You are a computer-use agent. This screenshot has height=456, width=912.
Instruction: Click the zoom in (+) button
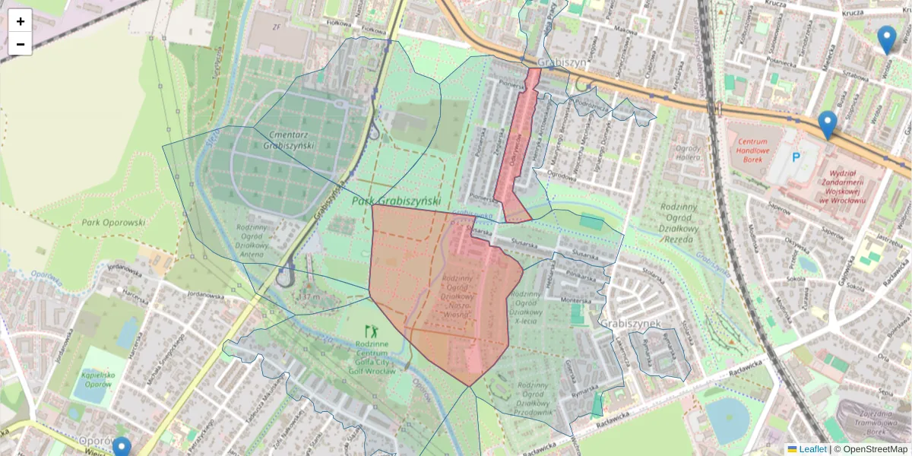click(21, 21)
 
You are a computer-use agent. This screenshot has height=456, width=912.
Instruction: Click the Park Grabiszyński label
click(396, 201)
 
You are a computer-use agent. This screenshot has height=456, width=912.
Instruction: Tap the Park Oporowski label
click(112, 223)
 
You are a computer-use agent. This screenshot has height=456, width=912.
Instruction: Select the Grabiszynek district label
click(630, 323)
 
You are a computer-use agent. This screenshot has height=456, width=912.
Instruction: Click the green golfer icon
click(372, 331)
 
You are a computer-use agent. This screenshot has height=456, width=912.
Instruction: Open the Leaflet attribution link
click(812, 449)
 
